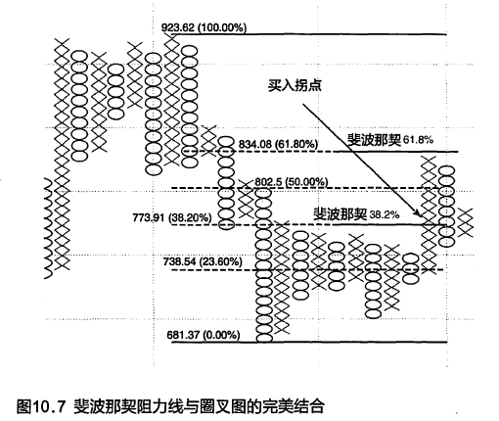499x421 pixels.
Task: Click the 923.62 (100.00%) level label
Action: click(x=204, y=27)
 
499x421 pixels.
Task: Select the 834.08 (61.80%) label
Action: click(x=278, y=144)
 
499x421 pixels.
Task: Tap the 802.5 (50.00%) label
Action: click(x=291, y=181)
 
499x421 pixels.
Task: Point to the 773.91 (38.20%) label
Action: click(x=172, y=217)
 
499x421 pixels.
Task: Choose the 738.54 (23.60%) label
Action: click(x=203, y=261)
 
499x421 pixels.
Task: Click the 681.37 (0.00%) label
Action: click(x=204, y=335)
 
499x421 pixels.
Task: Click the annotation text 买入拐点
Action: click(x=295, y=85)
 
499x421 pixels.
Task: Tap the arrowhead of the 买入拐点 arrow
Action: click(x=418, y=213)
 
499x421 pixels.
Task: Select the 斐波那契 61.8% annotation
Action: click(x=390, y=140)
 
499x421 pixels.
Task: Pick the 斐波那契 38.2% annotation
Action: click(x=356, y=214)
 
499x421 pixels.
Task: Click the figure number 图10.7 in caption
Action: click(x=39, y=406)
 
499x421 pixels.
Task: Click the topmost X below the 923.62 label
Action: click(x=172, y=41)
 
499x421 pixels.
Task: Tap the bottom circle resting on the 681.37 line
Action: click(x=264, y=338)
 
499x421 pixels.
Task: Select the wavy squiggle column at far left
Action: click(x=48, y=228)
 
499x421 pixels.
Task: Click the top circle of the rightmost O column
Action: click(x=447, y=170)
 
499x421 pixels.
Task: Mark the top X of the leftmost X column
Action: click(x=62, y=43)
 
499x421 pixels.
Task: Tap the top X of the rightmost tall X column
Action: click(x=429, y=162)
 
